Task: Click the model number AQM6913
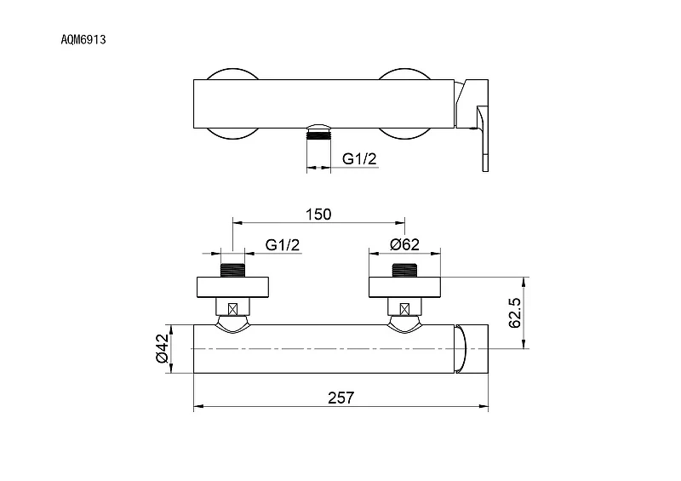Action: (83, 40)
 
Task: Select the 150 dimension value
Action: (318, 215)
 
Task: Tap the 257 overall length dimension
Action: (341, 398)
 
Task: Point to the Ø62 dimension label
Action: (405, 244)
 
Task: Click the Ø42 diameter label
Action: (162, 348)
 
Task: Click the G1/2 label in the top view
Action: (359, 159)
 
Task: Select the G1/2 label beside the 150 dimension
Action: (283, 245)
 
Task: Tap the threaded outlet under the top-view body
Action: (318, 133)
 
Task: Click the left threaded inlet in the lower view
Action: (232, 270)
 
